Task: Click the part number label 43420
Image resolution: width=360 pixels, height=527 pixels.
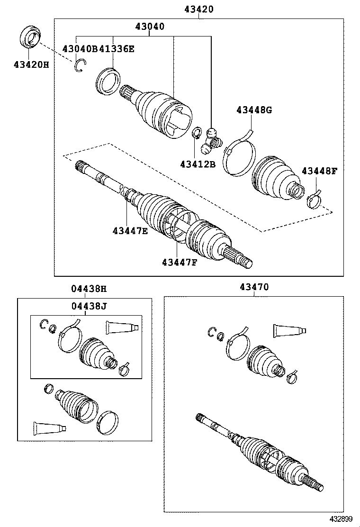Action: [x=198, y=9]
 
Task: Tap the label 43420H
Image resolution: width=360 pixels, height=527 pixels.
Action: [x=31, y=65]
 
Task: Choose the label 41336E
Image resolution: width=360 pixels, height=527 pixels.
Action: [x=117, y=48]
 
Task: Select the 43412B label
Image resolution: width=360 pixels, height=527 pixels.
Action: [x=198, y=164]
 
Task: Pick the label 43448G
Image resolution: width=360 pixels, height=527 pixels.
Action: [x=254, y=110]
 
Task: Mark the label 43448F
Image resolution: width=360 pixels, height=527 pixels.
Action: [x=319, y=171]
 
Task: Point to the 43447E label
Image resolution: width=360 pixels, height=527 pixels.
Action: [x=130, y=231]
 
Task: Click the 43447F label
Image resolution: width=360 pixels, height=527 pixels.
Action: [x=179, y=262]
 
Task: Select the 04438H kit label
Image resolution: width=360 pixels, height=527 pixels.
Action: [x=89, y=288]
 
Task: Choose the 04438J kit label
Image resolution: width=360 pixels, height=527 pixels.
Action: [x=89, y=306]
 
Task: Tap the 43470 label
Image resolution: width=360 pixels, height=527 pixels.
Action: [x=254, y=287]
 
